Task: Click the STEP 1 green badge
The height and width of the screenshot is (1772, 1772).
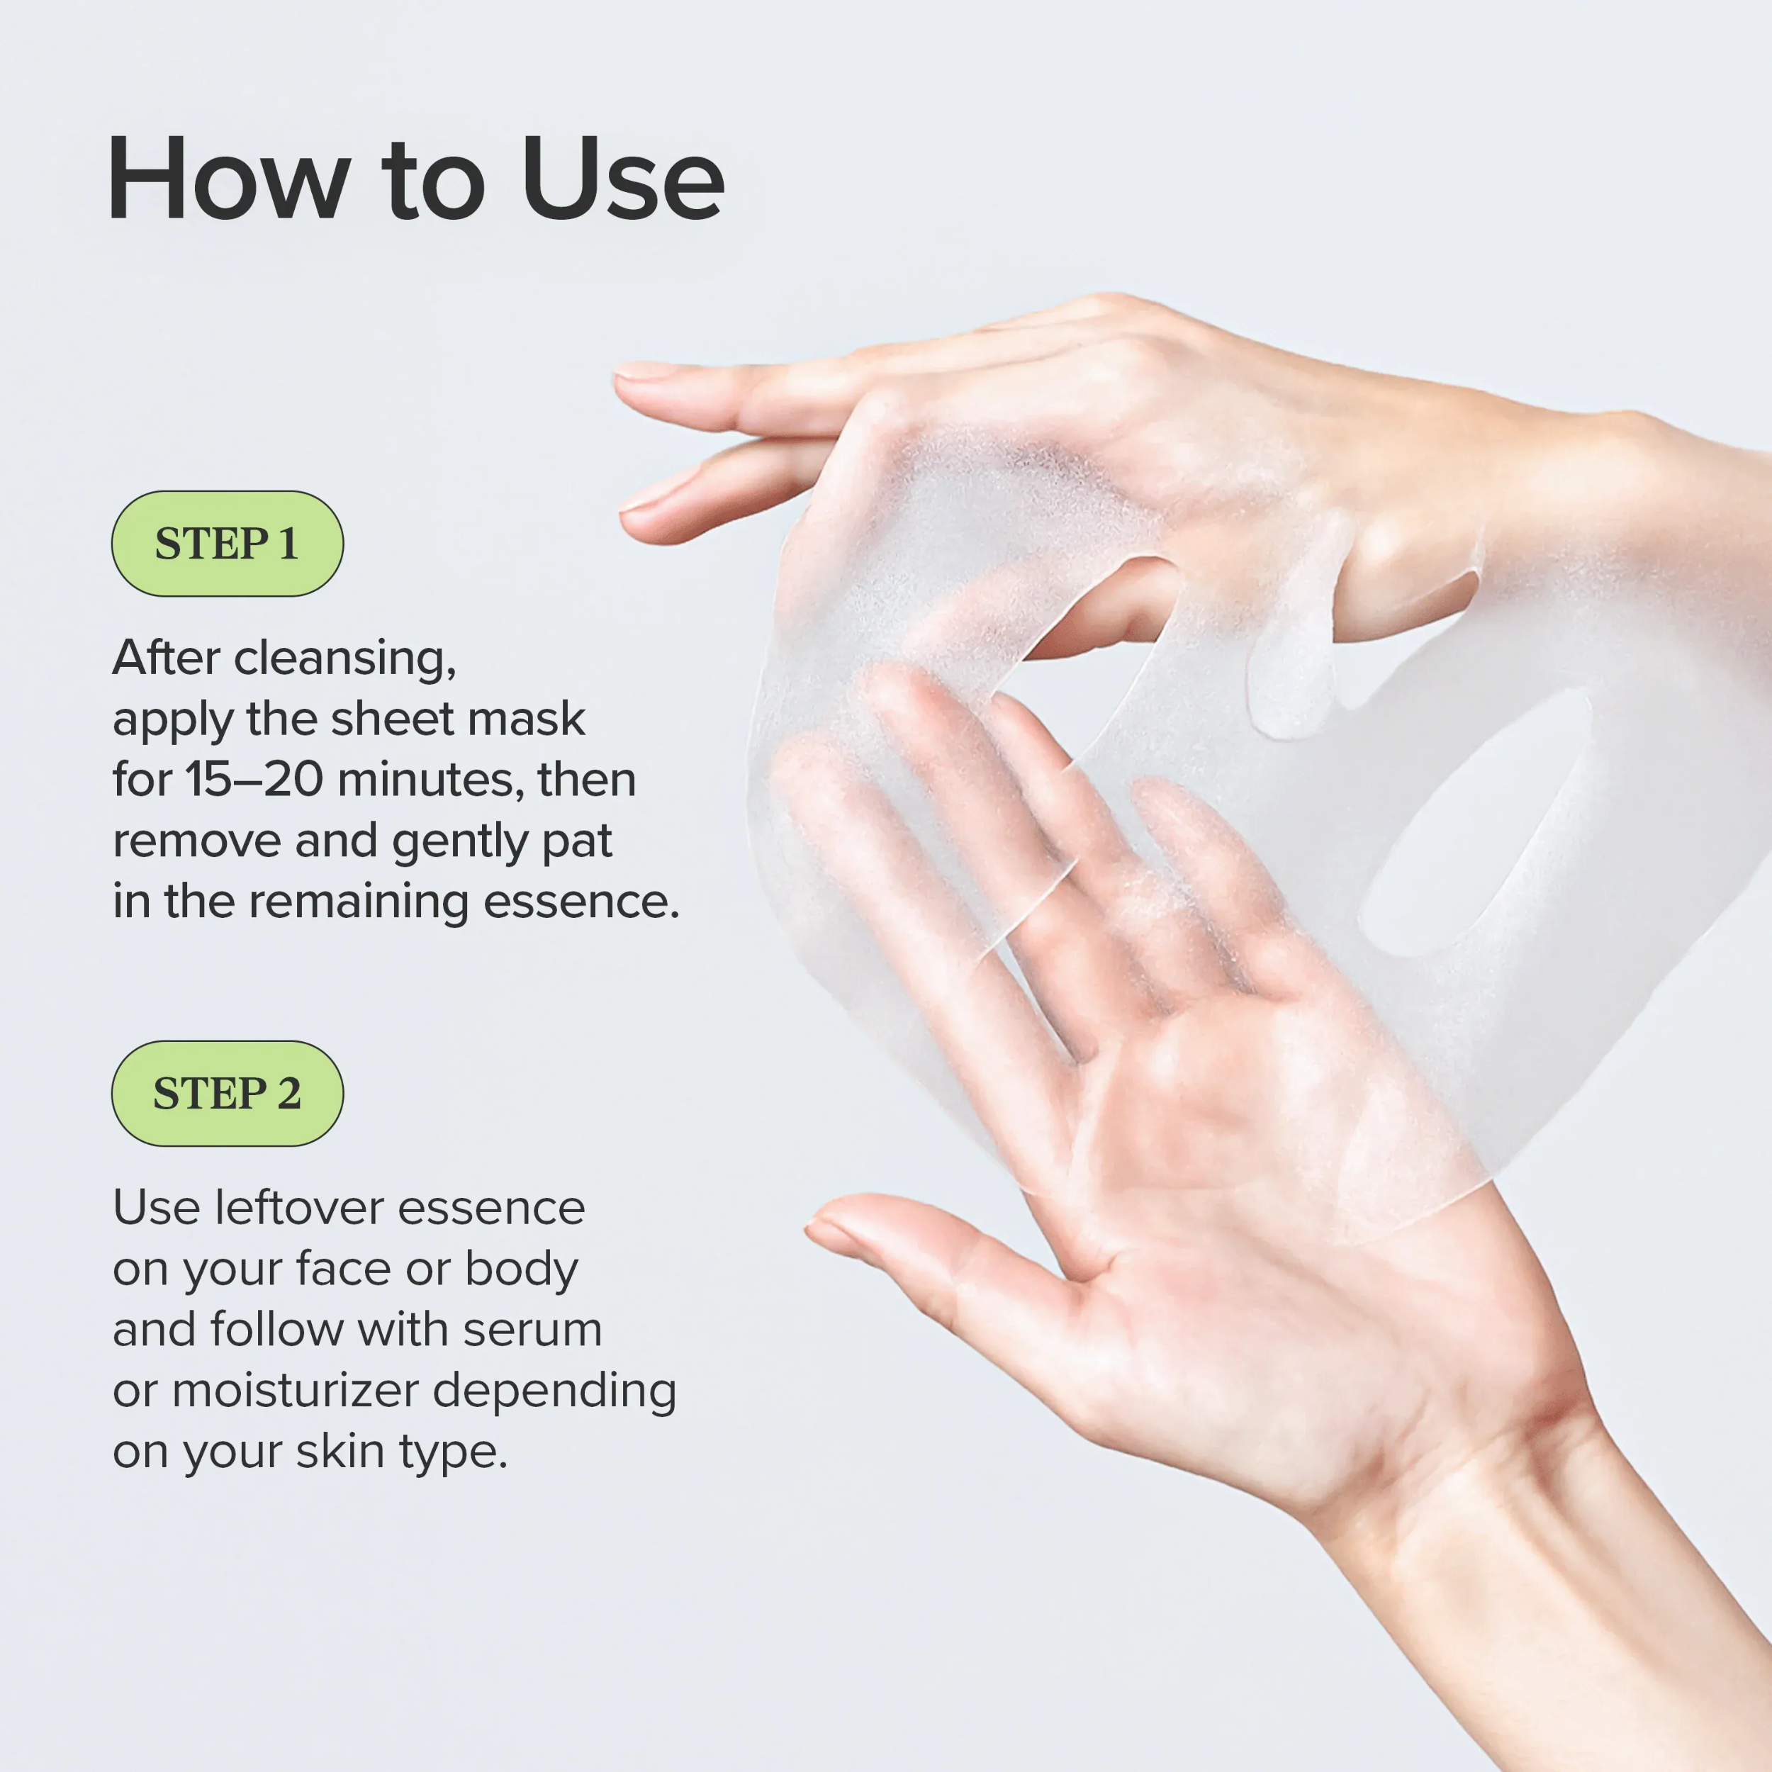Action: [x=227, y=544]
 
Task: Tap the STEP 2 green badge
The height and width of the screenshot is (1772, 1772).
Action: [x=227, y=1093]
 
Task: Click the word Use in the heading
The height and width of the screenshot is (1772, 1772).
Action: [x=623, y=179]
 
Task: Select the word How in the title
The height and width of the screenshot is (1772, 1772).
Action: [x=228, y=179]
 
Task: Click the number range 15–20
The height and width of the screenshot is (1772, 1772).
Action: [x=254, y=780]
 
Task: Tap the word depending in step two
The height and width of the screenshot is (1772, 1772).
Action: [x=554, y=1391]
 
